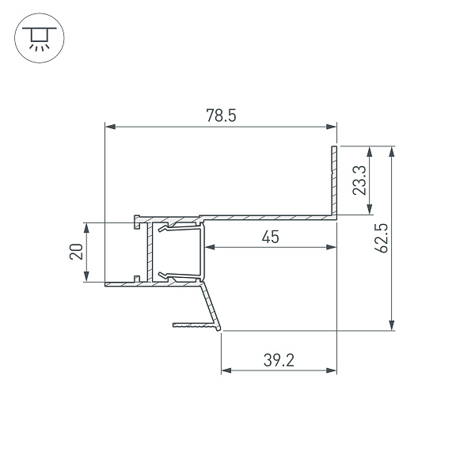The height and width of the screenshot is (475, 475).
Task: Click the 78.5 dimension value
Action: pyautogui.click(x=221, y=116)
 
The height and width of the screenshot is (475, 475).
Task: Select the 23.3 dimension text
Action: pyautogui.click(x=358, y=180)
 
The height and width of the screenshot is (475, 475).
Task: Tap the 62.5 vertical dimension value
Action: pyautogui.click(x=382, y=238)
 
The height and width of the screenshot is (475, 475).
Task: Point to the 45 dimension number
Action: pyautogui.click(x=271, y=237)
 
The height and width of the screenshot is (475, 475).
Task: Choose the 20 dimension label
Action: pyautogui.click(x=76, y=252)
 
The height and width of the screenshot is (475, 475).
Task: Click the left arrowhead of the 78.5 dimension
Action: pyautogui.click(x=111, y=126)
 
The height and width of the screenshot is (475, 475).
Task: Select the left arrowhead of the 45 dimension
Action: pyautogui.click(x=211, y=247)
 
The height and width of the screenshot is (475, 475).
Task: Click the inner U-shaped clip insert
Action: pyautogui.click(x=180, y=252)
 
